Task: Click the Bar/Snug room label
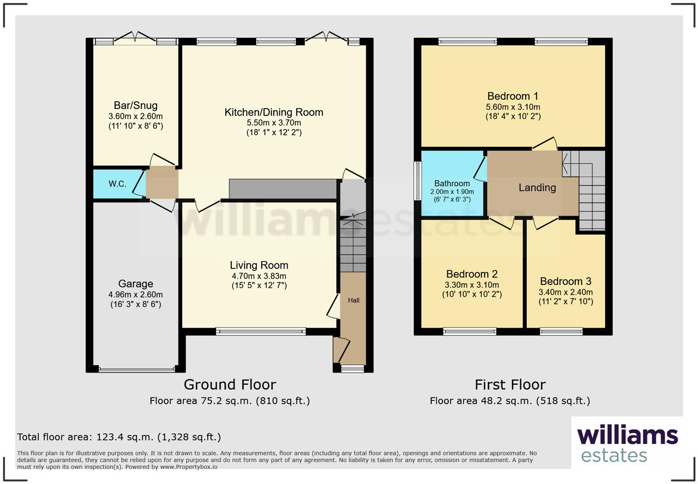tap(135, 105)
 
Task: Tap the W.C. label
tap(117, 184)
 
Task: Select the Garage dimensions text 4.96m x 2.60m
tap(135, 295)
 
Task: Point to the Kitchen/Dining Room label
tap(273, 112)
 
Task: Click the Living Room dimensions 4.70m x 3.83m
tap(259, 276)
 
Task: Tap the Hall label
tap(354, 300)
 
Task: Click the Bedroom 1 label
tap(512, 96)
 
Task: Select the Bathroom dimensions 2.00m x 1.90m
tap(452, 192)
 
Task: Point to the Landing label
tap(537, 188)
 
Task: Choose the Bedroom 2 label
tap(471, 274)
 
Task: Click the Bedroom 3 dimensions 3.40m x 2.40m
tap(566, 292)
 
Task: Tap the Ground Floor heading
tap(229, 384)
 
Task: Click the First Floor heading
tap(510, 384)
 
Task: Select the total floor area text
tap(119, 437)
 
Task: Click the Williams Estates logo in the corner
tap(627, 444)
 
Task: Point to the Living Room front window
tap(261, 331)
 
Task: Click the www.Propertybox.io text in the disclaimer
tap(188, 467)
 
